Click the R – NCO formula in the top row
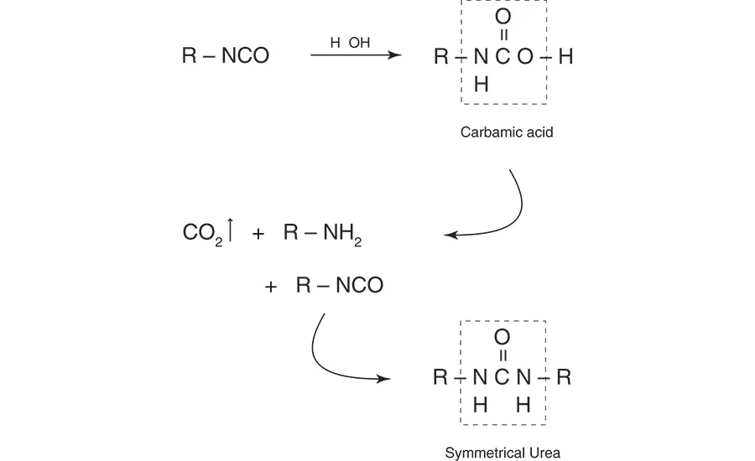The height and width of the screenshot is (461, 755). (x=225, y=56)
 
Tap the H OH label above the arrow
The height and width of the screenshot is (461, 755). (x=350, y=43)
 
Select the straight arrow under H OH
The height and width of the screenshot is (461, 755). (x=355, y=56)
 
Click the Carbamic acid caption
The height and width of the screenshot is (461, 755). (x=507, y=132)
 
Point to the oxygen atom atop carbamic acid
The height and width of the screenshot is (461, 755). (x=503, y=16)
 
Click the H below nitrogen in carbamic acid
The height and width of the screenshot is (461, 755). (x=481, y=84)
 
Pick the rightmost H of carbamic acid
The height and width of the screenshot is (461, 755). (x=565, y=57)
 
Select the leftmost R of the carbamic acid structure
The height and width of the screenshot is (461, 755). (x=441, y=57)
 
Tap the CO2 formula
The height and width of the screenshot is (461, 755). (x=201, y=234)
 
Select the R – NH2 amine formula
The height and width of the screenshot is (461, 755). (x=322, y=234)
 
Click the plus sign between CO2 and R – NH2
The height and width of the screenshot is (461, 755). (x=258, y=235)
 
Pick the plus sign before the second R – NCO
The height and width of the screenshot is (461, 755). (x=271, y=287)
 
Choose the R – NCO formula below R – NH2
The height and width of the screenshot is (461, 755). (x=339, y=286)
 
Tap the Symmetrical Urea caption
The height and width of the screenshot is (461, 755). (x=502, y=453)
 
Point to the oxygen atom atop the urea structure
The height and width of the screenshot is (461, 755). (x=502, y=337)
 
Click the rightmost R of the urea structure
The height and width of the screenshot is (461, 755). (x=564, y=377)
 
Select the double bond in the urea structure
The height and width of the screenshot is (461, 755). (x=502, y=357)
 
